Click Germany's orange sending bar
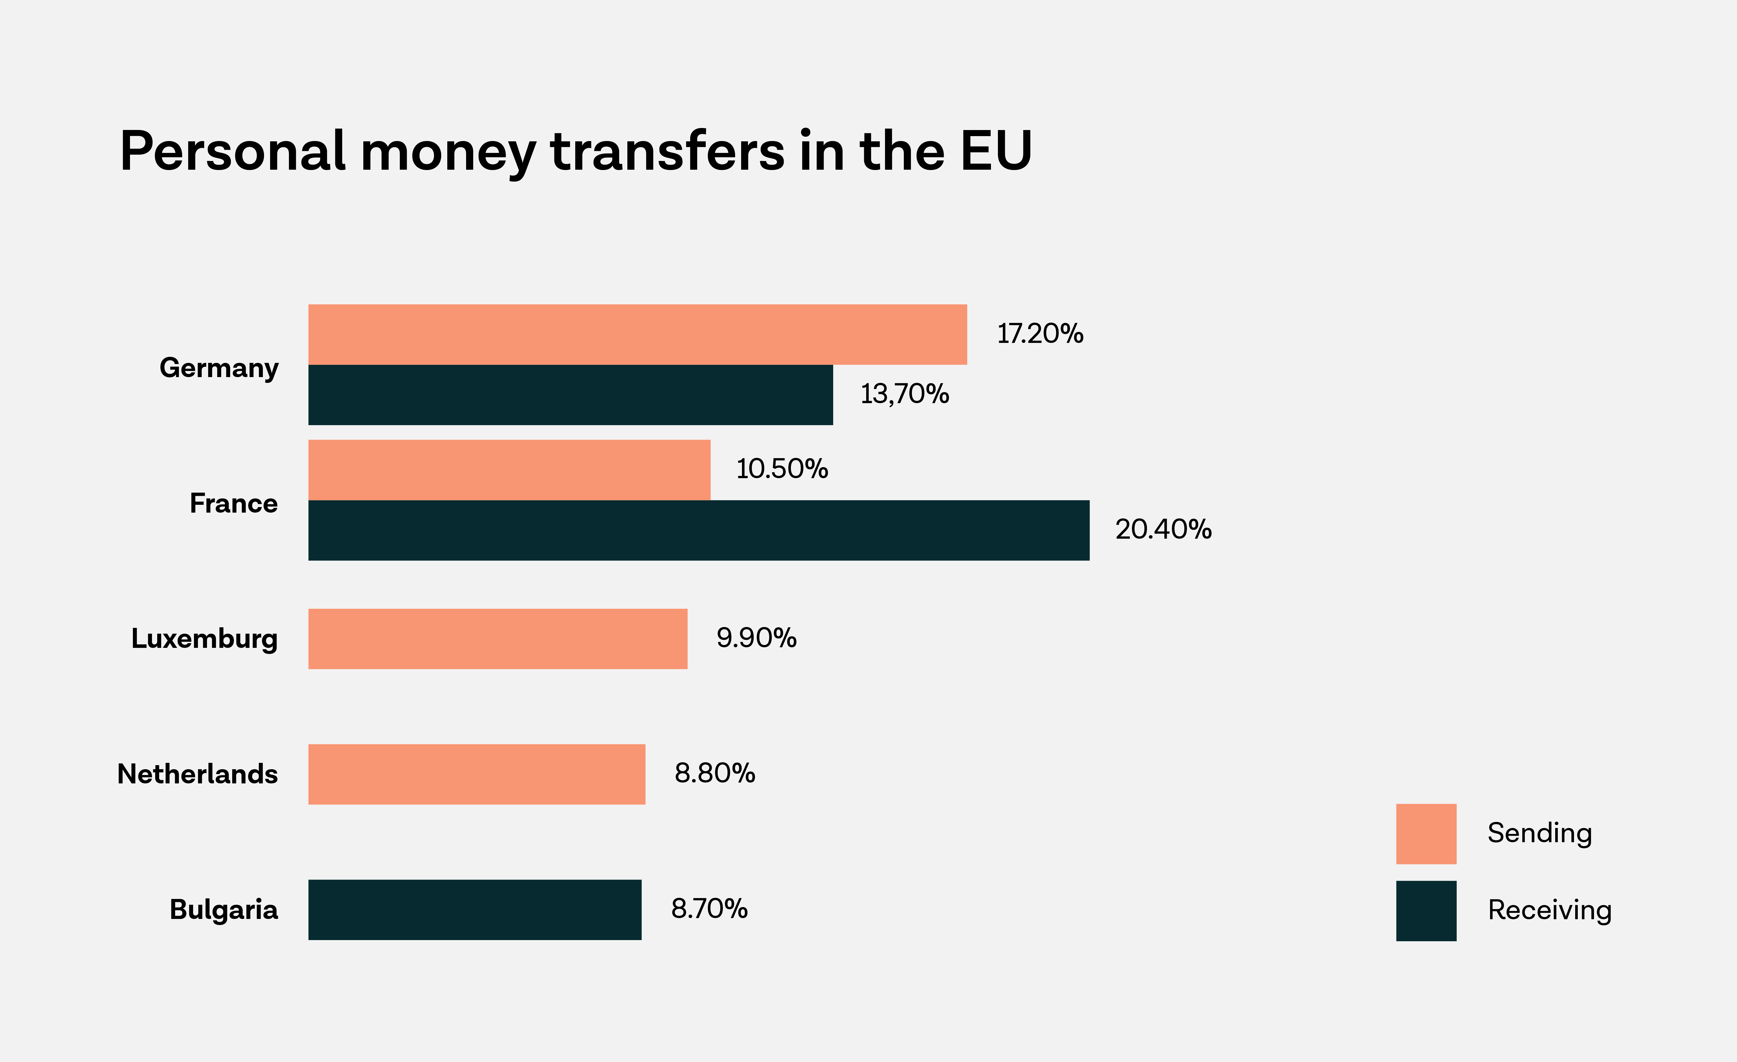click(637, 334)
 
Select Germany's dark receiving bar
click(570, 395)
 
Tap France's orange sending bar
click(509, 470)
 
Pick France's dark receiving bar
click(699, 530)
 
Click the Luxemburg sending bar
click(498, 639)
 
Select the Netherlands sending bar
click(477, 774)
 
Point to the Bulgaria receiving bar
click(474, 910)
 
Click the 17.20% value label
click(1040, 334)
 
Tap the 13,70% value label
click(904, 394)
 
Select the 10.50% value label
click(782, 469)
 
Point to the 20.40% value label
click(1163, 530)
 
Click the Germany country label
click(219, 368)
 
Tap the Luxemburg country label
click(204, 639)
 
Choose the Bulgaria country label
click(223, 910)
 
